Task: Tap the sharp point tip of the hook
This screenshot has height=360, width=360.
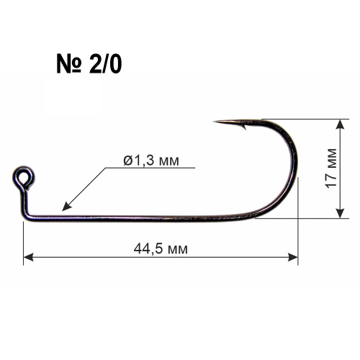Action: (214, 122)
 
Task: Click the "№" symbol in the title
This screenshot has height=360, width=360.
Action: (69, 63)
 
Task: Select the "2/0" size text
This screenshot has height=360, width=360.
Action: (105, 63)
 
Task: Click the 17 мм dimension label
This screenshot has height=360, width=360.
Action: (331, 168)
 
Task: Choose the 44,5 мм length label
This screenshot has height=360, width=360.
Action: (161, 249)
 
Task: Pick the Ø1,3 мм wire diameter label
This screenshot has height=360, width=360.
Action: (151, 161)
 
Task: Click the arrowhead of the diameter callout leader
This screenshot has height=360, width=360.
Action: (66, 207)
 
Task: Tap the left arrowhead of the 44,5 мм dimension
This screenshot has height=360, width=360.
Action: (28, 258)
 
